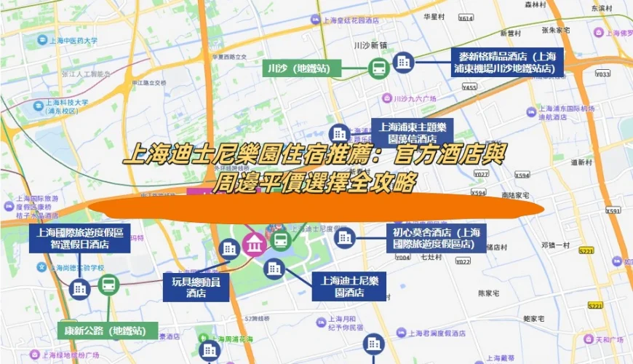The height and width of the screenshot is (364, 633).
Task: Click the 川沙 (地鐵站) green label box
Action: pos(298,68)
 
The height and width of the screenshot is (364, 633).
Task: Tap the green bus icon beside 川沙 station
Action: pos(378,68)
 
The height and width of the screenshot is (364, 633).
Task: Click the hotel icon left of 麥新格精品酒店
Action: pos(402,63)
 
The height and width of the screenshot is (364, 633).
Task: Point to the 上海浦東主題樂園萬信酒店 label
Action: pos(412,132)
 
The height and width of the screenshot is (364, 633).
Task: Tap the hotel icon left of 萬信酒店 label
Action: pos(338,133)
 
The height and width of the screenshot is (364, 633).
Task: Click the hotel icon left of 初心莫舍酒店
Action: pos(345,236)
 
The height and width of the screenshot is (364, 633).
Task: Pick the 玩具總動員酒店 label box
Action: pos(196,287)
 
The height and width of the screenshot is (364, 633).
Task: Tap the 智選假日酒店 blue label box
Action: pos(80,239)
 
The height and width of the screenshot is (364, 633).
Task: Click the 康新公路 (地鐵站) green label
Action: pos(108,331)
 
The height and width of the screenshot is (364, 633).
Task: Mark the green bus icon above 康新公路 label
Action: pos(108,285)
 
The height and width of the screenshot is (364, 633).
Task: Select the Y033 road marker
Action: pos(602,74)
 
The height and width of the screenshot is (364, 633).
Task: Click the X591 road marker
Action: pos(613,210)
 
